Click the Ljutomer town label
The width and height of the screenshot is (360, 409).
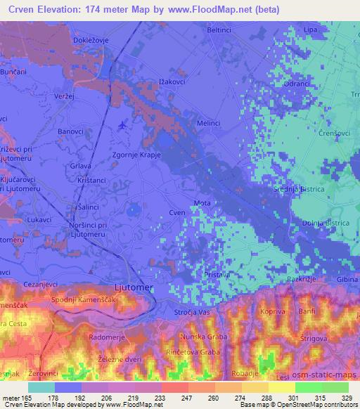point(134,287)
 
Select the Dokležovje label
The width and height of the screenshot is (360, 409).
point(91,40)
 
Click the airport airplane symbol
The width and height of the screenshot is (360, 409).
point(124,124)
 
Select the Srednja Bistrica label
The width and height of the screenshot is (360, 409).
point(298,190)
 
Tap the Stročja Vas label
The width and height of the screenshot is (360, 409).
point(191,311)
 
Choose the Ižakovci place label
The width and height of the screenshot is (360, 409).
point(172,82)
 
